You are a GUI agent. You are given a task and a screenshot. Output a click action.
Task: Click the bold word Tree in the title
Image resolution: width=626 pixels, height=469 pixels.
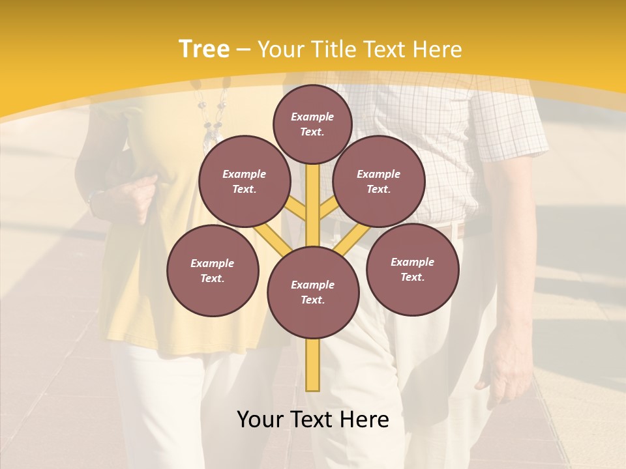(204, 49)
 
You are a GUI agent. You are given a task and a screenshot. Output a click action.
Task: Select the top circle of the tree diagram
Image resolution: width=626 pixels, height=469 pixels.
(312, 124)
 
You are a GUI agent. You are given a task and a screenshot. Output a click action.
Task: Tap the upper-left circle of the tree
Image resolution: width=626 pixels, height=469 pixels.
(245, 181)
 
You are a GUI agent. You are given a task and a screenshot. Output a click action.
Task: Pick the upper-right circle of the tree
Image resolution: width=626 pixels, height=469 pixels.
(379, 181)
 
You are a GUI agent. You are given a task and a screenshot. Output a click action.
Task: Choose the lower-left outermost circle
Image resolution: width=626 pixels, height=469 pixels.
(213, 270)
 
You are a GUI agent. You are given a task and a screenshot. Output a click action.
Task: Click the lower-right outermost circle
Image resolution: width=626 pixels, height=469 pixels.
(412, 269)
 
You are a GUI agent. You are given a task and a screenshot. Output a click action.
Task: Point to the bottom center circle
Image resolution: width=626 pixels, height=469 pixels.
(313, 292)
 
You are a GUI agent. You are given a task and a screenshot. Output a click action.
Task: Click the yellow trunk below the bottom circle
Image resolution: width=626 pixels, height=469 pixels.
(313, 365)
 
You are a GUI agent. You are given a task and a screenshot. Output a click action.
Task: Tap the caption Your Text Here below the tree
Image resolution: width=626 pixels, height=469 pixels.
(313, 419)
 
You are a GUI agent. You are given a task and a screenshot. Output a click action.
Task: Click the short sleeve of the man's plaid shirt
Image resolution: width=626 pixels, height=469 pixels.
(515, 130)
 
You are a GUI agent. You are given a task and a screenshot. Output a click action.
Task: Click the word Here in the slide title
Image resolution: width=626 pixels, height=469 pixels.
(437, 50)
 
